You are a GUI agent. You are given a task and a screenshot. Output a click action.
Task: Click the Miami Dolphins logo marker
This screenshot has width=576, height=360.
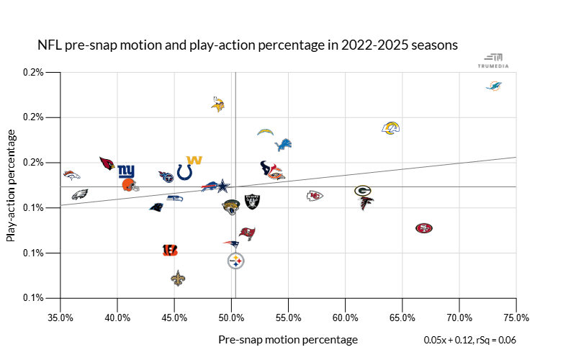(x=493, y=86)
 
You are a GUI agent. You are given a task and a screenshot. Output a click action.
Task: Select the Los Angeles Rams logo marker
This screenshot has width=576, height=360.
(x=390, y=128)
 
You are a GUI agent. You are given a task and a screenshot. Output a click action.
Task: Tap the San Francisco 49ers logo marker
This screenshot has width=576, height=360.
(x=424, y=228)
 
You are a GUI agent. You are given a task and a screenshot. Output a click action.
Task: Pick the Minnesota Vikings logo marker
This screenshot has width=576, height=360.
(x=218, y=104)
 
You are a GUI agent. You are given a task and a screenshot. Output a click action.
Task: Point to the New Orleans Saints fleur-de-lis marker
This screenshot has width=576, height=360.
(x=179, y=278)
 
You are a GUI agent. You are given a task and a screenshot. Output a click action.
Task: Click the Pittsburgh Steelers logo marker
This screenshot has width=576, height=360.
(x=235, y=261)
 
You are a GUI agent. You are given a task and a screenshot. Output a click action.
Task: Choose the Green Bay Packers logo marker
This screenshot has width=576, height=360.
(x=363, y=191)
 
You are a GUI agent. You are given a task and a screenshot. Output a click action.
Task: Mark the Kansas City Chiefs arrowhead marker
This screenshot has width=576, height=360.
(x=315, y=196)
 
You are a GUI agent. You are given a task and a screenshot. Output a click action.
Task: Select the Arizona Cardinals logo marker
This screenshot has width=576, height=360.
(x=107, y=163)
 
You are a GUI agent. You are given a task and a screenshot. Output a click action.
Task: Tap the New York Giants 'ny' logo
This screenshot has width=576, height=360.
(x=126, y=171)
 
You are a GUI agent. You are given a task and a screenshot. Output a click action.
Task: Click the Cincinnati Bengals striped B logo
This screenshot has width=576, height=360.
(x=170, y=250)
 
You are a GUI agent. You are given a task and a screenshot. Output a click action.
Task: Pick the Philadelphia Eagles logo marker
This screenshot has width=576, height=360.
(x=79, y=194)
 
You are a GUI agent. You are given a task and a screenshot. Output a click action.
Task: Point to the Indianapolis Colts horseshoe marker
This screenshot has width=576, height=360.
(x=184, y=172)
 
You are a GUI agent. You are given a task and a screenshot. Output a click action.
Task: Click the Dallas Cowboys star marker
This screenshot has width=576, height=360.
(x=225, y=186)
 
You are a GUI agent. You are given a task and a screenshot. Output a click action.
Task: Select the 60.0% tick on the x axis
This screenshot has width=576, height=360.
(x=346, y=316)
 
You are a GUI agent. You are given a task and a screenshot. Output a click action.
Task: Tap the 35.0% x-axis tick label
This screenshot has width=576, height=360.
(x=60, y=316)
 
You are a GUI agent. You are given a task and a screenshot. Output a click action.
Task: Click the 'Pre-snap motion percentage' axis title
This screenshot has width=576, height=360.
(x=287, y=339)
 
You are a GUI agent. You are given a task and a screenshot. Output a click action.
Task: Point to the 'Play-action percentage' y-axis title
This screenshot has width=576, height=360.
(x=12, y=185)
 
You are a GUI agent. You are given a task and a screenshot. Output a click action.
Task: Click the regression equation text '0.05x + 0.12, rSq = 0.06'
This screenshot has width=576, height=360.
(x=471, y=339)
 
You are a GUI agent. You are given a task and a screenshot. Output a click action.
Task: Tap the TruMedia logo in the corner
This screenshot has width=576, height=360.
(x=493, y=60)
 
